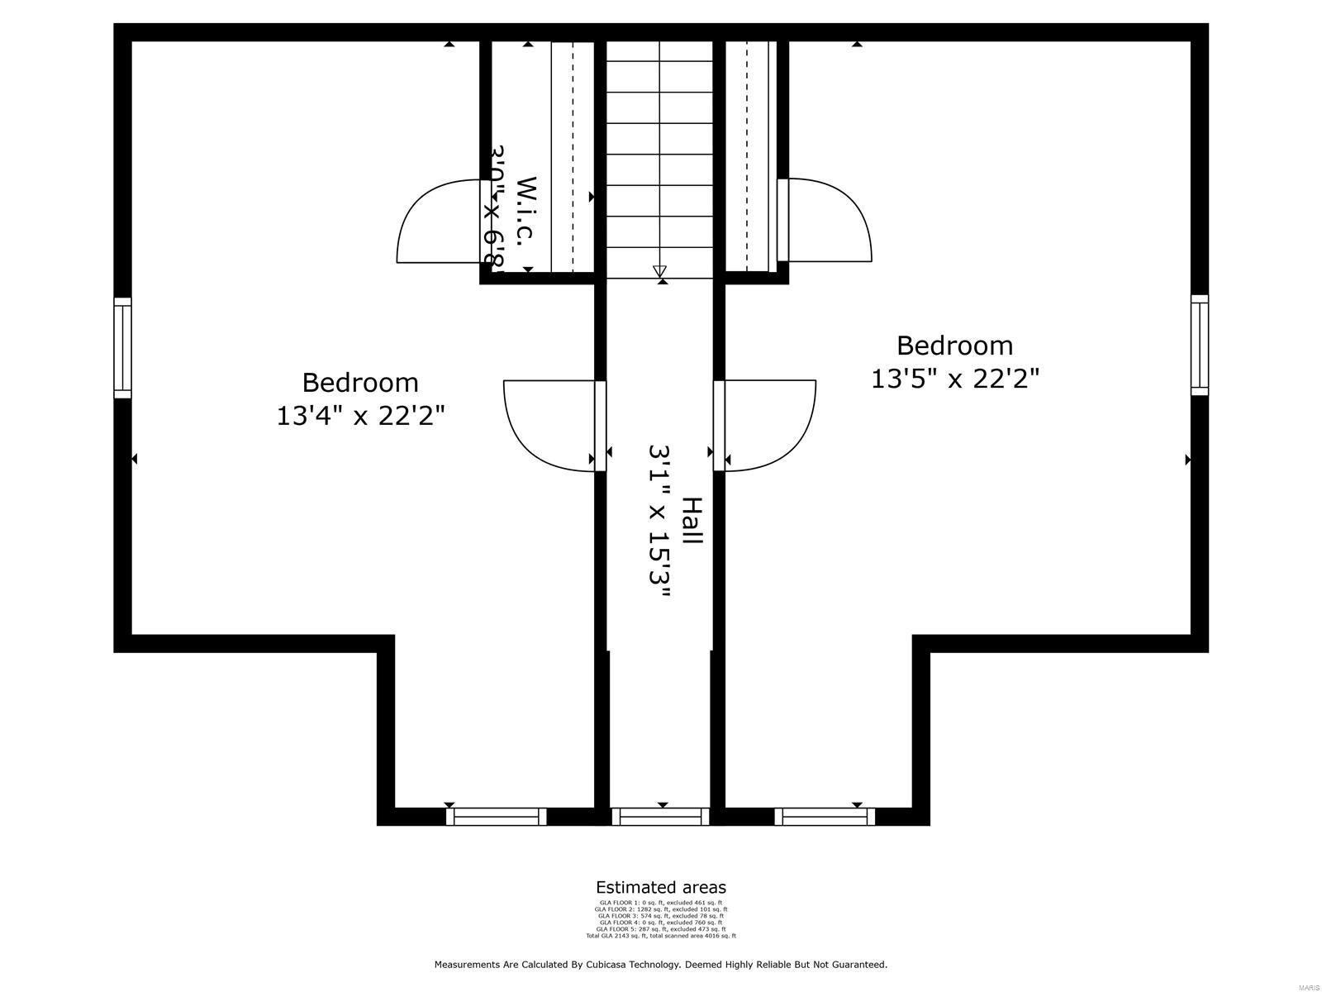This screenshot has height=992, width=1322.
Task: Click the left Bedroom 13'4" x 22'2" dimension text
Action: point(360,416)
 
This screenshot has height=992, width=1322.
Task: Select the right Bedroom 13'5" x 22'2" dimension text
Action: point(954,379)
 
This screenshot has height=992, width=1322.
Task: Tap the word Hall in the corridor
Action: point(692,520)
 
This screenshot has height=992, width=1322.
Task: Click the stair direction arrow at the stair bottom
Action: point(659,270)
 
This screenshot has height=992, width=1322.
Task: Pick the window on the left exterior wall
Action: point(122,348)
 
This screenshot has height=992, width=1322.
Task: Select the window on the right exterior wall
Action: point(1199,345)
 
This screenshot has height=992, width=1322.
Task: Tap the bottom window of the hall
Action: point(660,817)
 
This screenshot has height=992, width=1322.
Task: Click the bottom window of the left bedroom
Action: point(496,817)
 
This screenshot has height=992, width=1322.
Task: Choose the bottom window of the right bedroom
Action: point(825,817)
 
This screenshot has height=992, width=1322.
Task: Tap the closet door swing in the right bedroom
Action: point(830,220)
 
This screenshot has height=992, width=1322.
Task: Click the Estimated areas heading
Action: point(660,888)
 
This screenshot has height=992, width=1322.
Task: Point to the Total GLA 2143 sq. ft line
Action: point(660,936)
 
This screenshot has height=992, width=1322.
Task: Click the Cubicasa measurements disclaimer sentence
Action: point(660,965)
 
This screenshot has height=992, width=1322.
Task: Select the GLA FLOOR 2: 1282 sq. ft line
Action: point(660,909)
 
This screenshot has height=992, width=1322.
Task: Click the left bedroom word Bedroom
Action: point(360,383)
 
